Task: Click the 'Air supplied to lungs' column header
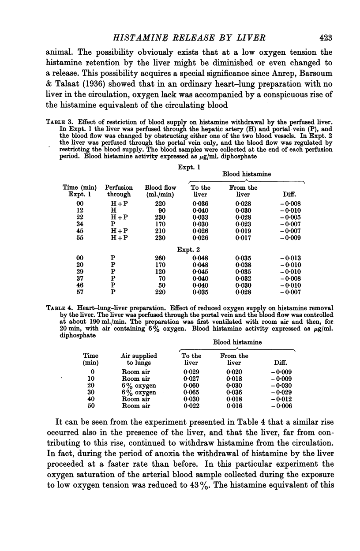[x=139, y=359]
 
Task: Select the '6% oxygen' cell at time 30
[x=139, y=392]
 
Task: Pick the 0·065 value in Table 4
[x=192, y=392]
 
